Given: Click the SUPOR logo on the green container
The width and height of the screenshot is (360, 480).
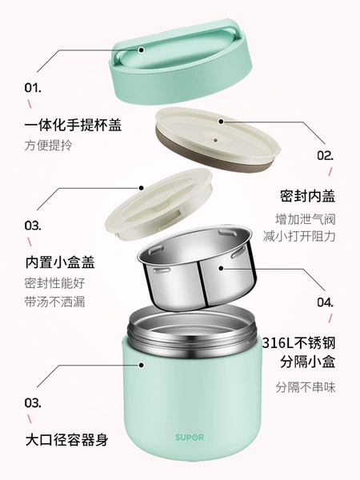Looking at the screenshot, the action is pyautogui.click(x=190, y=437).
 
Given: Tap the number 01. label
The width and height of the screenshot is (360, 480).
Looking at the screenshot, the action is pyautogui.click(x=33, y=88).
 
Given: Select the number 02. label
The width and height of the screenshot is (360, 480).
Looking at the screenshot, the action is pyautogui.click(x=325, y=156).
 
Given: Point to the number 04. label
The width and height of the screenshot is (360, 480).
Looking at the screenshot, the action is pyautogui.click(x=325, y=302).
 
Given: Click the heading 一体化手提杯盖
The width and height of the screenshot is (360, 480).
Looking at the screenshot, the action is pyautogui.click(x=73, y=125).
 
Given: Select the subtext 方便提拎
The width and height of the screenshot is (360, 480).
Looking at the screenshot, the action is pyautogui.click(x=48, y=146).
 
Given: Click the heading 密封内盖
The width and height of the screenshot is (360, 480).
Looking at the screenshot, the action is pyautogui.click(x=308, y=196).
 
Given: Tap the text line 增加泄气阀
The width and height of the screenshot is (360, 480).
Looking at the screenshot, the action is pyautogui.click(x=306, y=219).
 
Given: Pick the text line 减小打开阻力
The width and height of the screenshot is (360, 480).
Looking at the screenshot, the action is pyautogui.click(x=299, y=236).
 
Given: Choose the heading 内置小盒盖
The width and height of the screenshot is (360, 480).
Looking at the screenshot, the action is pyautogui.click(x=60, y=262).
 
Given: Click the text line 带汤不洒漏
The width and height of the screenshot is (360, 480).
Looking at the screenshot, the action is pyautogui.click(x=54, y=302).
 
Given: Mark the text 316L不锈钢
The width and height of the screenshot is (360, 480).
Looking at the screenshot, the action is pyautogui.click(x=298, y=343).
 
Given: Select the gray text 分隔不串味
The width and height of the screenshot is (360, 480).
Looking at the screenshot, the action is pyautogui.click(x=306, y=387).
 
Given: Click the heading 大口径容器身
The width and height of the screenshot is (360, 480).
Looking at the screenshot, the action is pyautogui.click(x=66, y=440).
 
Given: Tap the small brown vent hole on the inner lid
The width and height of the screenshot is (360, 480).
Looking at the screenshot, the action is pyautogui.click(x=216, y=140).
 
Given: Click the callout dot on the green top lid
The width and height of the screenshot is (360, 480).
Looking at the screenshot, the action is pyautogui.click(x=141, y=50).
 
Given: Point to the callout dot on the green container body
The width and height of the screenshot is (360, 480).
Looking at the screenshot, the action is pyautogui.click(x=141, y=365).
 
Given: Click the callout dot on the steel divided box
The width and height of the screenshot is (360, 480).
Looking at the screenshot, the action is pyautogui.click(x=221, y=269).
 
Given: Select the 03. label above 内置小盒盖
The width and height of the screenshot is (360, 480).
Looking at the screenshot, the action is pyautogui.click(x=33, y=226).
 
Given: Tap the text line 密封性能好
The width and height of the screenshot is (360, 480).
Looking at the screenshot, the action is pyautogui.click(x=54, y=283).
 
